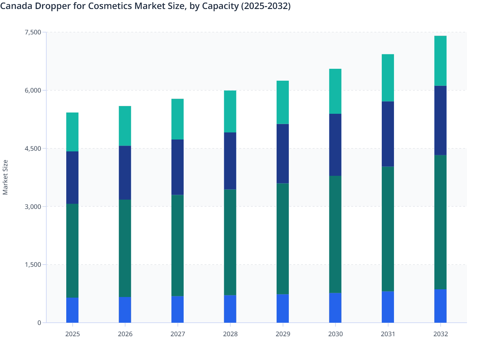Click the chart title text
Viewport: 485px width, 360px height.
click(x=145, y=6)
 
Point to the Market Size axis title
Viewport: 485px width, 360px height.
click(x=5, y=177)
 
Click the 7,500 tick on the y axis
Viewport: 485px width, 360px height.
click(x=33, y=32)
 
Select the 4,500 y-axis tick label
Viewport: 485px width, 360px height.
click(x=33, y=148)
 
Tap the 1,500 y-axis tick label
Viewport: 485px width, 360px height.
click(x=33, y=265)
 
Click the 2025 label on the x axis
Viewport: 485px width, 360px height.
click(x=72, y=334)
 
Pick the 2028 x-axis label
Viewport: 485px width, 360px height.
click(x=230, y=334)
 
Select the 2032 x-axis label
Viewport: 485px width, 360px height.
click(x=440, y=334)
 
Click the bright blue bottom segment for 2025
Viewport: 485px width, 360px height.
click(x=72, y=310)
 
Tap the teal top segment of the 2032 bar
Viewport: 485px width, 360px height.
click(x=440, y=61)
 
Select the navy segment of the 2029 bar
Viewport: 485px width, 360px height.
click(x=283, y=154)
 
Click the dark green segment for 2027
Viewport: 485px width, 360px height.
click(x=178, y=246)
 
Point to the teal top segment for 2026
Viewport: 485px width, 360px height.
click(x=125, y=126)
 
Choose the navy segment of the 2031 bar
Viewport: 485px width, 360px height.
click(x=388, y=134)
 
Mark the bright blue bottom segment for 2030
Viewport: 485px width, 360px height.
click(x=335, y=308)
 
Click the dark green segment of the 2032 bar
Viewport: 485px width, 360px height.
click(x=440, y=222)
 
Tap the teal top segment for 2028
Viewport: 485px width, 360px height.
click(x=230, y=112)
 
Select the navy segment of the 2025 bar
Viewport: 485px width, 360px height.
click(x=72, y=177)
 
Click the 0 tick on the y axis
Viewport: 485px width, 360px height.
click(x=39, y=323)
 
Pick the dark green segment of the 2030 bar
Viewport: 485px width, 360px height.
click(x=335, y=234)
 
